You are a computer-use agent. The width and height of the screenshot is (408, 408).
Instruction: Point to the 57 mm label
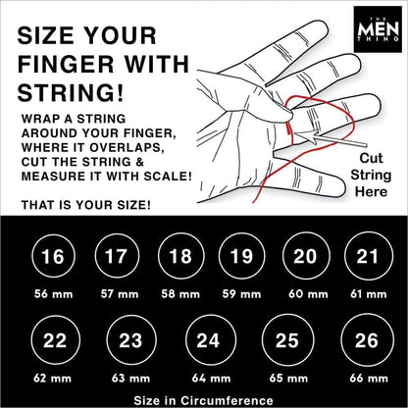pyautogui.click(x=116, y=292)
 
